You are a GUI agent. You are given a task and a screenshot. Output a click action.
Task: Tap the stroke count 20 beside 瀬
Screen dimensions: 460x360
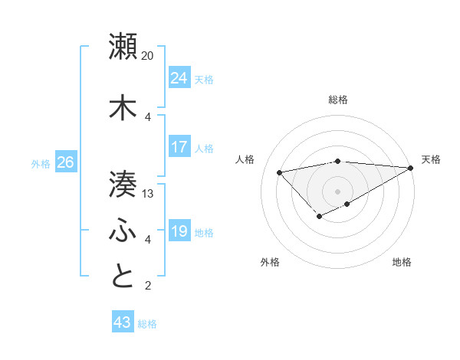tap(148, 56)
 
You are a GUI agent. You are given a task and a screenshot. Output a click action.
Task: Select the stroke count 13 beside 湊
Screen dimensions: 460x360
tap(148, 194)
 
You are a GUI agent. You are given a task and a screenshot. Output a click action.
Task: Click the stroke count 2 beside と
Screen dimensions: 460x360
tap(148, 286)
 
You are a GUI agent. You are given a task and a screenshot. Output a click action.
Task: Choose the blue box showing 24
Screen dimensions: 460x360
tap(179, 78)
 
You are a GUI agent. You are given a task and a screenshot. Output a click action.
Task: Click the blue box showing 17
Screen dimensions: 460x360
tap(179, 147)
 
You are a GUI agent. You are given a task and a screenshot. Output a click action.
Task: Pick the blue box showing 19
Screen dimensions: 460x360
tap(179, 231)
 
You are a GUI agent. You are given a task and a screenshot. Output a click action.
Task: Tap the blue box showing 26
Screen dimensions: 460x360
tap(65, 162)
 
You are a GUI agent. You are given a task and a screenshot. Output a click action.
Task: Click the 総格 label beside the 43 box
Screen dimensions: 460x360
tap(147, 324)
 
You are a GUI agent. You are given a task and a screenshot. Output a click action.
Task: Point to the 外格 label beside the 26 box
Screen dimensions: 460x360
tap(41, 164)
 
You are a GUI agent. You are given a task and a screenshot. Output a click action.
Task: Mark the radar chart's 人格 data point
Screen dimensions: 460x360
tap(279, 172)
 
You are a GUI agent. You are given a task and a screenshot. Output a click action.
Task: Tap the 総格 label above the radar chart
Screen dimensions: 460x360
tap(337, 100)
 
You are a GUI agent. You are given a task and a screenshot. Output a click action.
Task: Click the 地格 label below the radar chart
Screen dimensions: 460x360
tap(402, 262)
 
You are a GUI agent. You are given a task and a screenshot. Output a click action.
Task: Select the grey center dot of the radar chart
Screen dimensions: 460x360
tap(337, 191)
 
